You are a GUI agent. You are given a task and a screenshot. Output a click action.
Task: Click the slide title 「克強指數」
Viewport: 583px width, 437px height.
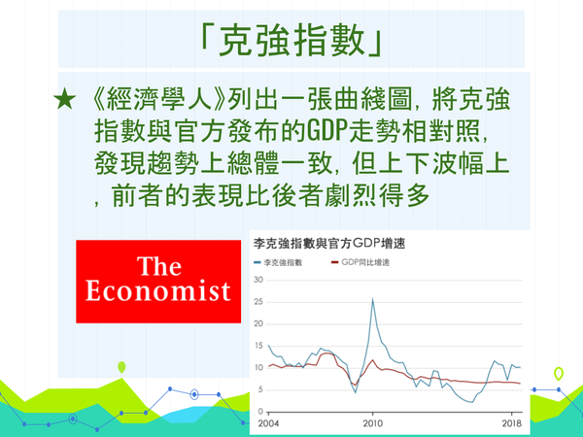tap(291, 40)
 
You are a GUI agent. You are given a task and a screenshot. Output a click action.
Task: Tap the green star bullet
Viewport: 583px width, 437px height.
tap(65, 99)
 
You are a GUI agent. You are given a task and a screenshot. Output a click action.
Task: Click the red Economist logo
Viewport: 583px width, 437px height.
tap(158, 282)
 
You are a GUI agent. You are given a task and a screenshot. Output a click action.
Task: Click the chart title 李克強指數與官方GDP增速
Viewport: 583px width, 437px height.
tap(329, 244)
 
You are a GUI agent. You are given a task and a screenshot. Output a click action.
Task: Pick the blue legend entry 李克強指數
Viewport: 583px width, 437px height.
tap(278, 262)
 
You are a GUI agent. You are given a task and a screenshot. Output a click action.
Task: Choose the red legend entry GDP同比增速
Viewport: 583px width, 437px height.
tap(360, 262)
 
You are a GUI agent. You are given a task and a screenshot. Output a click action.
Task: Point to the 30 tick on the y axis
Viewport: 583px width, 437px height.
tap(258, 280)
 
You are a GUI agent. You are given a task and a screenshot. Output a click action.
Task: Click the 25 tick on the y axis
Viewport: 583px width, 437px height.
tap(258, 302)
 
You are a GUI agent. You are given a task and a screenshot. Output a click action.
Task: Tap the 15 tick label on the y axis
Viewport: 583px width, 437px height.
tap(258, 346)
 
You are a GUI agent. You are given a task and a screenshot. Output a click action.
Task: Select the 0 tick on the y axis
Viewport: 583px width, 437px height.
tap(260, 412)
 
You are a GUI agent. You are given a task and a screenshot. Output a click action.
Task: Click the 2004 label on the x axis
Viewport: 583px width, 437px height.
tap(268, 423)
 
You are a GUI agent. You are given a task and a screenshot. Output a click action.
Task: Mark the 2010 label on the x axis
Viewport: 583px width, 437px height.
tap(372, 423)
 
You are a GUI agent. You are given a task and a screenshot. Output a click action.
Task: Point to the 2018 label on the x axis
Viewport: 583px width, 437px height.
tap(512, 423)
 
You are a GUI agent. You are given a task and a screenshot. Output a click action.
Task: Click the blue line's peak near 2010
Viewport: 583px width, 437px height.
tap(372, 299)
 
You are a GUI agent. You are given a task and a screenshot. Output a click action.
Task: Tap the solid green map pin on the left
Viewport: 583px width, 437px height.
tap(121, 367)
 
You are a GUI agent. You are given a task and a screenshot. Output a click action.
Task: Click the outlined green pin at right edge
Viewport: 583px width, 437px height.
tap(558, 374)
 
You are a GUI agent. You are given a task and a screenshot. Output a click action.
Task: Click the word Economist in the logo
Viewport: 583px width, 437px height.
tap(158, 290)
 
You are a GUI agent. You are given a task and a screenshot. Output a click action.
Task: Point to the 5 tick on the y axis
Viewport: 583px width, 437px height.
tap(260, 389)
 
